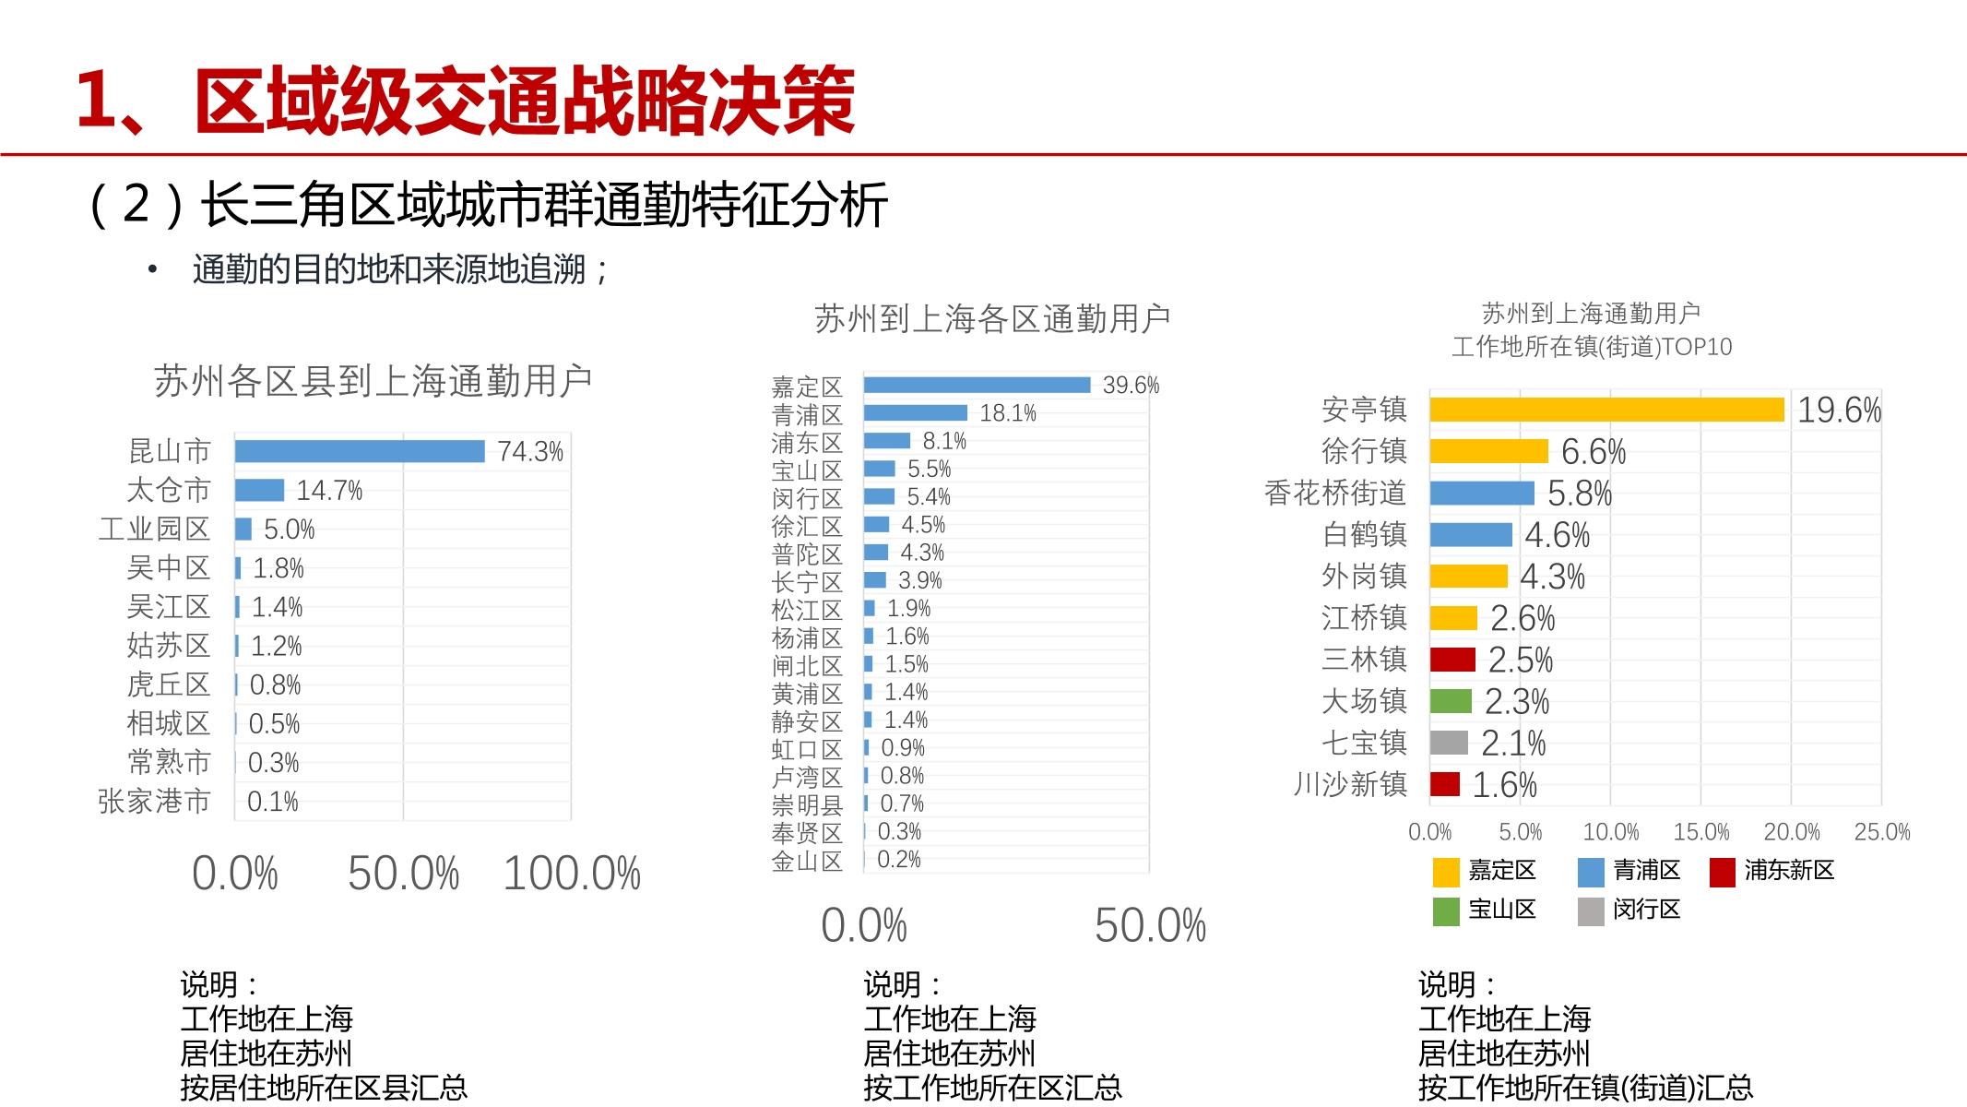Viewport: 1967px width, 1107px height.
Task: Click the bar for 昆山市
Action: tap(360, 451)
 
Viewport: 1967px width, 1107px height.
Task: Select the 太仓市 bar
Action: tap(259, 490)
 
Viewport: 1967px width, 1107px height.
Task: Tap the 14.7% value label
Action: tap(329, 491)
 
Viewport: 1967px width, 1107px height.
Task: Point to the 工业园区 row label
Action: tap(155, 529)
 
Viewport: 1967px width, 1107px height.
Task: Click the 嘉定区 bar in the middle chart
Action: tap(977, 385)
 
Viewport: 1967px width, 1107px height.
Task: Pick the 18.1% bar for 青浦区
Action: tap(915, 412)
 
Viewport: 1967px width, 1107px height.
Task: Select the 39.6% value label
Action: tap(1131, 386)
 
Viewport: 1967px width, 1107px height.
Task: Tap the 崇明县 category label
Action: tap(807, 805)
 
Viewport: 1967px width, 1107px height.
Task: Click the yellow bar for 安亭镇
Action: tap(1606, 410)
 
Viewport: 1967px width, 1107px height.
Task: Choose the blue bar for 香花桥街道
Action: tap(1482, 494)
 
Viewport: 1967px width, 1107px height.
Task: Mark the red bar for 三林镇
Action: tap(1452, 660)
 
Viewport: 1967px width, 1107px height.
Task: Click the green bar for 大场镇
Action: tap(1451, 701)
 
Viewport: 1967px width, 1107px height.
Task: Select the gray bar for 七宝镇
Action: tap(1449, 743)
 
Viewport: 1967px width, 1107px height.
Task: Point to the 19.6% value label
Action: tap(1839, 411)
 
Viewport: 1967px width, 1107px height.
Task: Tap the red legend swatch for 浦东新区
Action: tap(1722, 872)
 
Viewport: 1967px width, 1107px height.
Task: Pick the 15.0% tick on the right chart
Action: tap(1700, 832)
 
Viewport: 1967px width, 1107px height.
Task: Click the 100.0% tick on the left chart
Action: tap(572, 874)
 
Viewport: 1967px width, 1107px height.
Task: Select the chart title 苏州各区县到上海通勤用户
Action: tap(373, 381)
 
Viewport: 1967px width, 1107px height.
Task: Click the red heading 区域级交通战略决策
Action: tap(525, 101)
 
